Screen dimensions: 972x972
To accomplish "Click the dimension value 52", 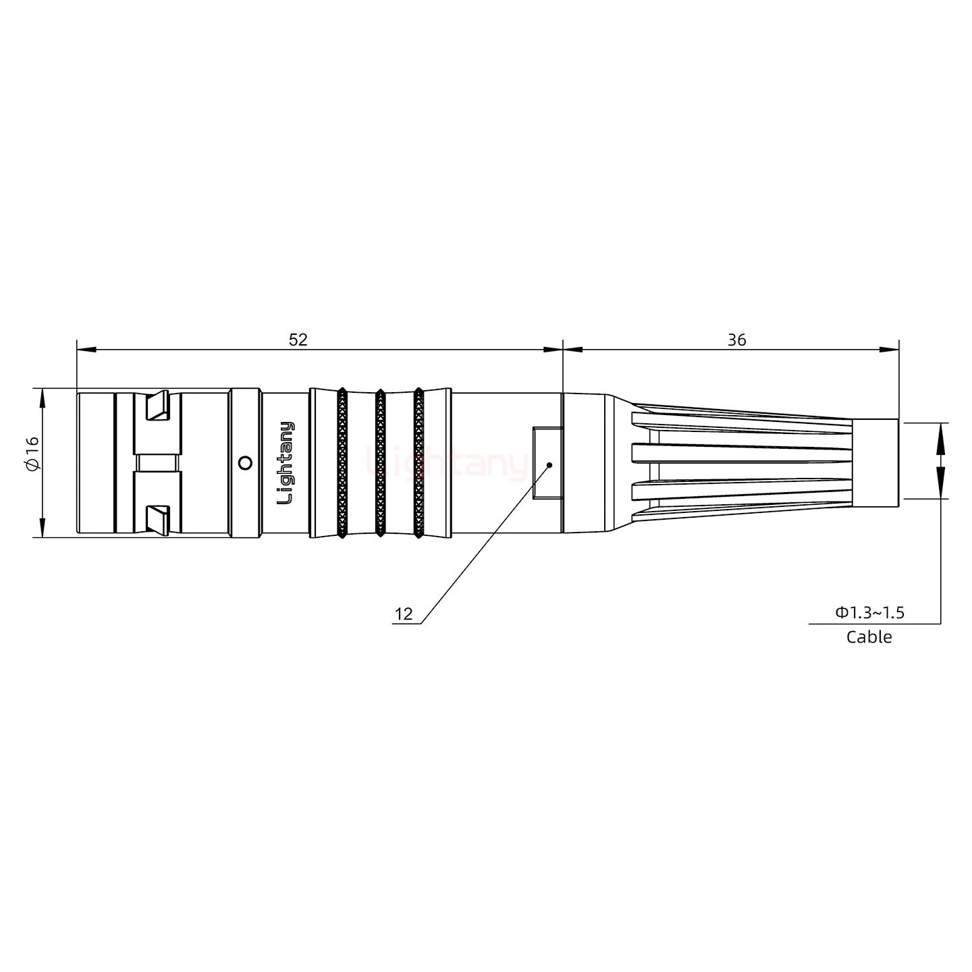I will [x=298, y=340].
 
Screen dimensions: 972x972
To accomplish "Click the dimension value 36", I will [x=736, y=340].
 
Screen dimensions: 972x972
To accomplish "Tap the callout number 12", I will [x=404, y=614].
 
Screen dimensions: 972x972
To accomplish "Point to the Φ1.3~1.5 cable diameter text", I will [x=869, y=613].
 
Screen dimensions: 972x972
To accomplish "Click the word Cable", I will [x=869, y=637].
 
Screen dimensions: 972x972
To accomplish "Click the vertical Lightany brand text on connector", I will [x=286, y=463].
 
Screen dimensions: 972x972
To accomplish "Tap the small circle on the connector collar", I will [x=246, y=462].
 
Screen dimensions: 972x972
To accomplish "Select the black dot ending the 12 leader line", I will [x=549, y=465].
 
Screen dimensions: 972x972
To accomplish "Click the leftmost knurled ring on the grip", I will [x=342, y=463].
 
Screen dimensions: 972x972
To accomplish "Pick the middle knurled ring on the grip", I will [x=380, y=463].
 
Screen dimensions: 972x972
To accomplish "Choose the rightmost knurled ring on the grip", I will [x=418, y=463].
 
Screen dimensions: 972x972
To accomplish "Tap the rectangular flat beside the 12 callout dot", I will [x=546, y=463].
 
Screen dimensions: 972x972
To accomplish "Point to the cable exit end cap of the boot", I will [x=875, y=463].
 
